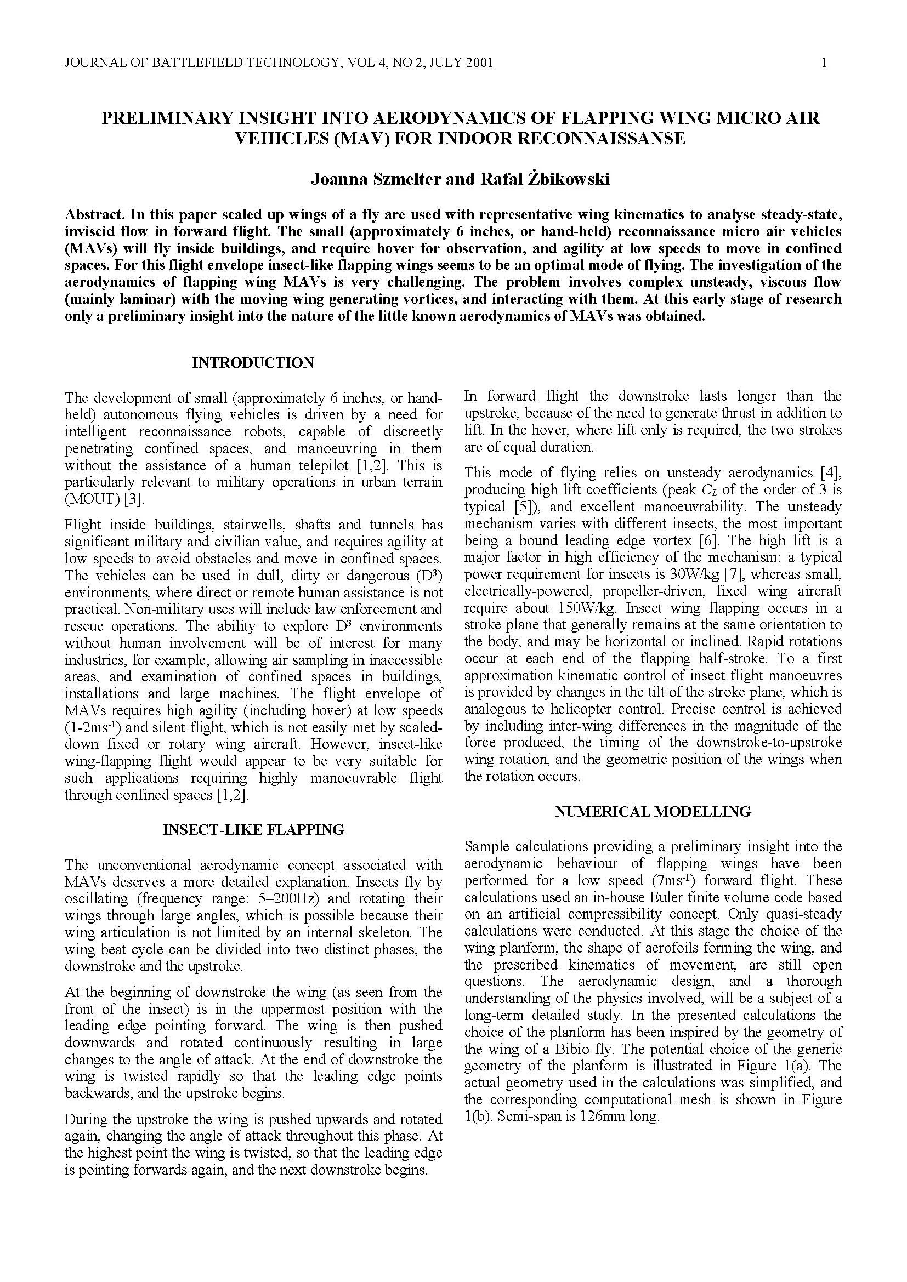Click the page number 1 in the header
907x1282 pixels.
point(824,62)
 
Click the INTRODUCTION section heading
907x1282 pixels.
point(253,363)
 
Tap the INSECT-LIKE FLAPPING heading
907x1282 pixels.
point(253,830)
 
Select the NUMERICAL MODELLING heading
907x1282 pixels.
point(653,811)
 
